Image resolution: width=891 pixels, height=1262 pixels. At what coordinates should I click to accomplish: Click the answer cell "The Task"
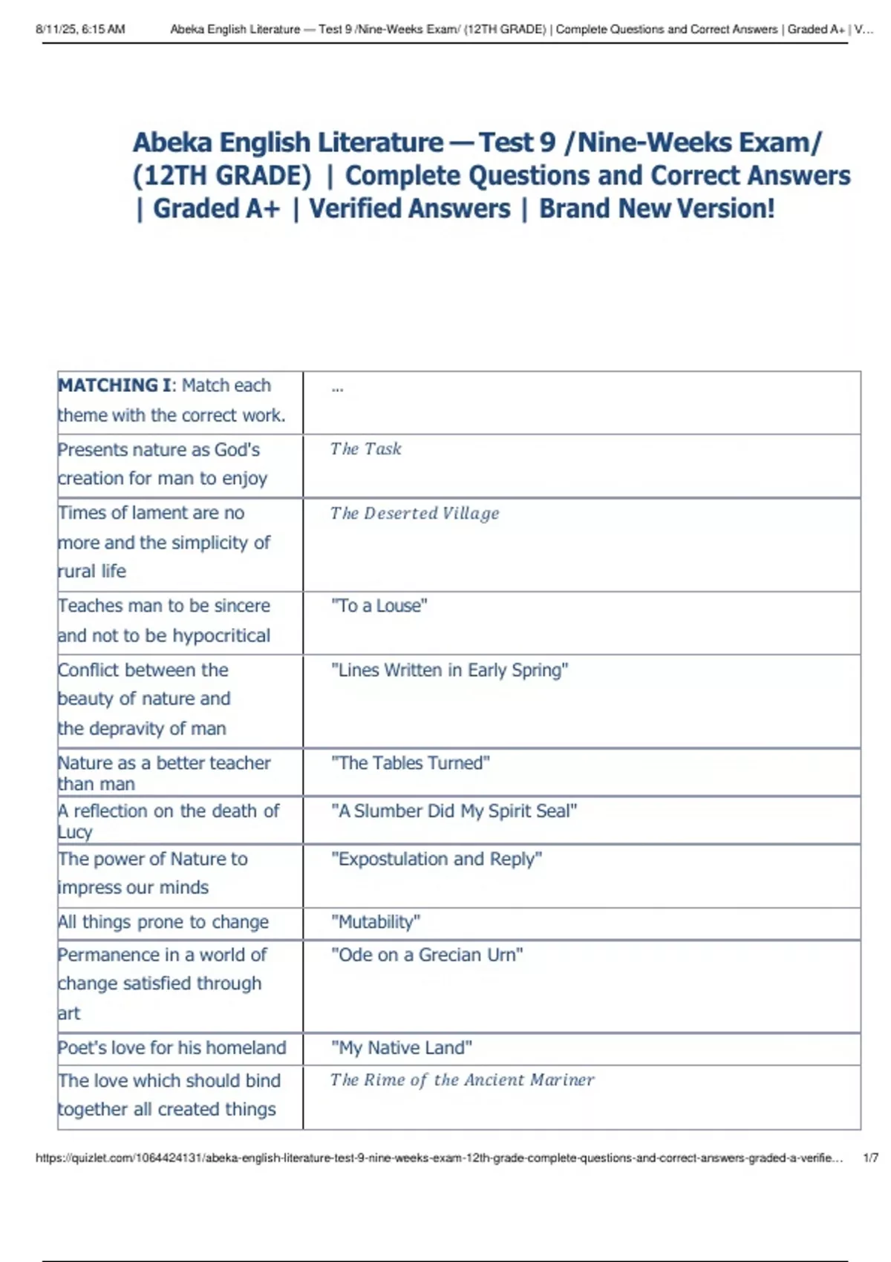pos(365,449)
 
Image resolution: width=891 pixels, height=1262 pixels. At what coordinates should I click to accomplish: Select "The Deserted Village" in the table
pos(414,513)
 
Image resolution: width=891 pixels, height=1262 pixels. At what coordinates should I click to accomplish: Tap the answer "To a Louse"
pos(379,606)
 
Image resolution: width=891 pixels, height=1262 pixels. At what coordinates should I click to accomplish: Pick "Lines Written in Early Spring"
pos(449,670)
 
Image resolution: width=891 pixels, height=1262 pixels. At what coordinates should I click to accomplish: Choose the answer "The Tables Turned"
pos(410,762)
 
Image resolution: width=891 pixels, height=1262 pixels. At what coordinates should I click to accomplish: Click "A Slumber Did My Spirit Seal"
pos(454,811)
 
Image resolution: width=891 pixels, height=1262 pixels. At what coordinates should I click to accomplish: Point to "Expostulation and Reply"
pos(437,859)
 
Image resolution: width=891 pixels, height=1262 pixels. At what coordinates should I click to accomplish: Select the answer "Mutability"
pos(376,922)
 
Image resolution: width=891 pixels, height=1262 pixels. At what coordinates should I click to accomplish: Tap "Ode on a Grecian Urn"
pos(427,955)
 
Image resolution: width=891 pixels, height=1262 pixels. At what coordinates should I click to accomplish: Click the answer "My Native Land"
pos(402,1047)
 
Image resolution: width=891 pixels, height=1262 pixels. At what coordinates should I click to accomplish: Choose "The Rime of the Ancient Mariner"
pos(462,1080)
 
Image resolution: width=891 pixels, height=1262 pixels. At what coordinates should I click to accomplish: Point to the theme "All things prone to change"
pos(163,922)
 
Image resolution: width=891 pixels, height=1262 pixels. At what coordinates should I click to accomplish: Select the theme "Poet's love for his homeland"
pos(172,1047)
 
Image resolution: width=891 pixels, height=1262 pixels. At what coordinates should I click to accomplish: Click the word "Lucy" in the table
pos(75,832)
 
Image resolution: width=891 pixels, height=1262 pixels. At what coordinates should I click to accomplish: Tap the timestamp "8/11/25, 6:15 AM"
pos(80,30)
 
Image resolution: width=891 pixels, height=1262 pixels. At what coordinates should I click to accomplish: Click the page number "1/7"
pos(871,1157)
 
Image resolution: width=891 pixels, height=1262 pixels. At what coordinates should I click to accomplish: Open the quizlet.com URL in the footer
pos(439,1157)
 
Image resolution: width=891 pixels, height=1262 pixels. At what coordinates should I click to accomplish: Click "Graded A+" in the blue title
pos(216,209)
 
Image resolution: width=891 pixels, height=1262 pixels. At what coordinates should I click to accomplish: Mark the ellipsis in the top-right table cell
pos(337,388)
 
